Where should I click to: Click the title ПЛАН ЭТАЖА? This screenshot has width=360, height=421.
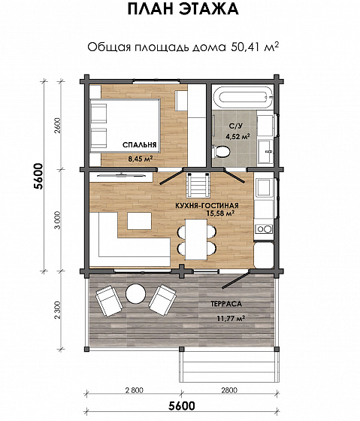click(x=183, y=9)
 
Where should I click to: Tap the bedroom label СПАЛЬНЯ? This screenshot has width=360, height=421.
click(x=139, y=145)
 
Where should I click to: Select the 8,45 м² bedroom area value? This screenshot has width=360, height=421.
click(x=141, y=159)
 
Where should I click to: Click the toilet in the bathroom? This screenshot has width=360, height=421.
click(x=221, y=152)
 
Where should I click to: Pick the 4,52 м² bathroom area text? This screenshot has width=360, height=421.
click(x=237, y=136)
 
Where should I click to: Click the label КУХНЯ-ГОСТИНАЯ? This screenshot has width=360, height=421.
click(x=207, y=206)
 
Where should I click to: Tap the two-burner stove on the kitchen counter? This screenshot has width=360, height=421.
click(x=263, y=229)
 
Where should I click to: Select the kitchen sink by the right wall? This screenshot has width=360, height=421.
click(x=263, y=187)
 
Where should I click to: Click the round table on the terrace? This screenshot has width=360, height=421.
click(x=135, y=293)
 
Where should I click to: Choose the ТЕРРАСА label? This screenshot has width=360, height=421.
click(x=226, y=304)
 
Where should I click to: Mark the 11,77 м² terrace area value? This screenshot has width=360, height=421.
click(x=231, y=319)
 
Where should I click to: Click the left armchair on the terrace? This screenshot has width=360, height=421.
click(x=108, y=301)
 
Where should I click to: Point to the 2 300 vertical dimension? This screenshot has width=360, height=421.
click(x=58, y=310)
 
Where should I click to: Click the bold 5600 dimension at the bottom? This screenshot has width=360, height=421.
click(x=182, y=406)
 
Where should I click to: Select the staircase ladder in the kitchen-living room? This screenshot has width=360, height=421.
click(x=198, y=185)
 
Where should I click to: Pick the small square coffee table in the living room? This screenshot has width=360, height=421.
click(x=139, y=221)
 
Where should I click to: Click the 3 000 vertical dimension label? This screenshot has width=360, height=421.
click(x=58, y=220)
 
